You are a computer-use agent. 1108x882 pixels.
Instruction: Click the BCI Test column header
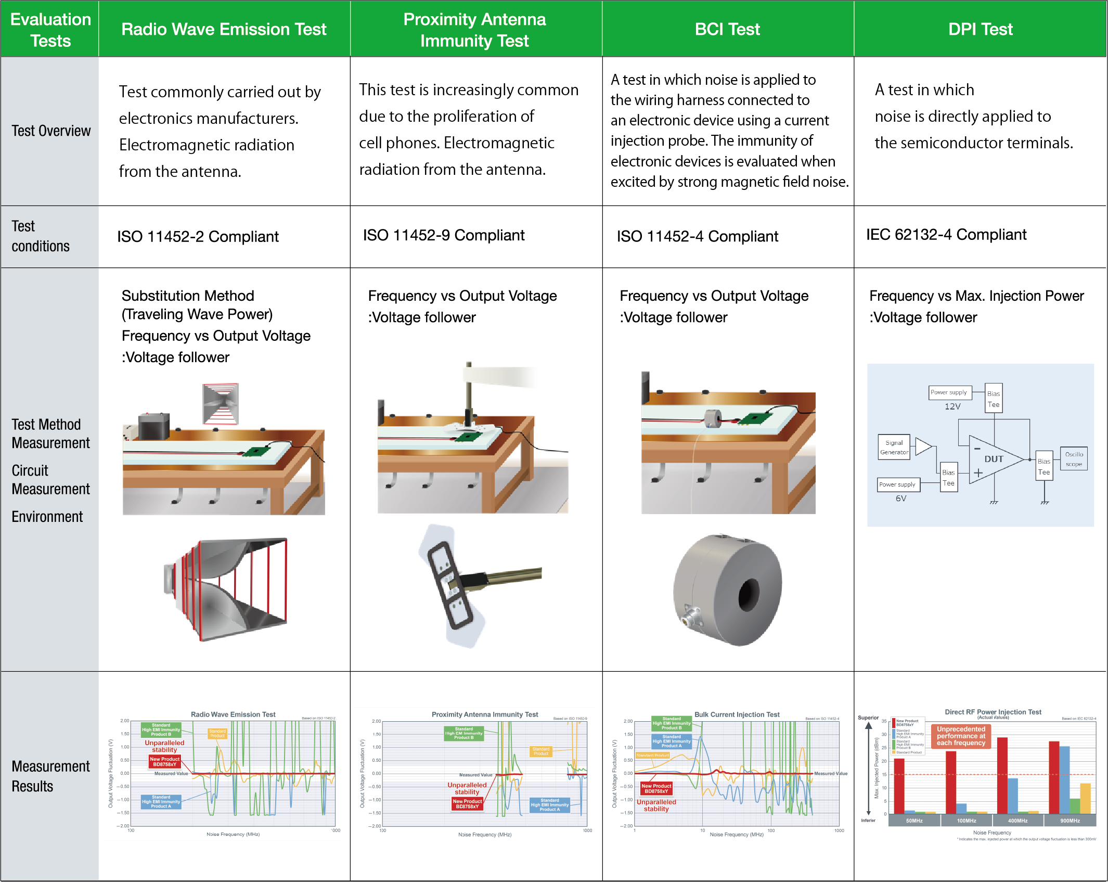point(727,29)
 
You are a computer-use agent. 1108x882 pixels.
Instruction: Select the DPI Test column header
point(980,29)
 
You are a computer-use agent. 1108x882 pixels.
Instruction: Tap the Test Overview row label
point(51,131)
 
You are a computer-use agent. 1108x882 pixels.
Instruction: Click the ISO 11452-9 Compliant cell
point(444,235)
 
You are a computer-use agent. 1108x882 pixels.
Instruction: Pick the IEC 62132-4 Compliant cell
point(946,235)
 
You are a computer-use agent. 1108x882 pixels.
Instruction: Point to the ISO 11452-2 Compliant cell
point(198,237)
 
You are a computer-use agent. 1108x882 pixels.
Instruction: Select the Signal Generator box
point(894,448)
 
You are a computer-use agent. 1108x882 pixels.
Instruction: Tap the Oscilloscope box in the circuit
point(1074,459)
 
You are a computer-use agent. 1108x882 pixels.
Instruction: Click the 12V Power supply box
point(949,392)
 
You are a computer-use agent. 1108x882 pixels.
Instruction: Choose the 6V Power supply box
point(897,484)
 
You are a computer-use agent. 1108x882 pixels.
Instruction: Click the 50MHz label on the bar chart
point(914,821)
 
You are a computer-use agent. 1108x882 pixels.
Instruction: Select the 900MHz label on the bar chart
point(1070,821)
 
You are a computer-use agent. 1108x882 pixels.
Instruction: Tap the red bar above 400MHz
point(1002,775)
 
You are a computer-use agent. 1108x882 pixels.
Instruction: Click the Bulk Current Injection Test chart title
point(737,714)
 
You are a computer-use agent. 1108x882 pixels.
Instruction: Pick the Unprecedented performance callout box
point(961,736)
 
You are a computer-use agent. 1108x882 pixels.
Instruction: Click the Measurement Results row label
point(50,776)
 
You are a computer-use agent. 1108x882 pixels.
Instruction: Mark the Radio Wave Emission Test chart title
point(233,714)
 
